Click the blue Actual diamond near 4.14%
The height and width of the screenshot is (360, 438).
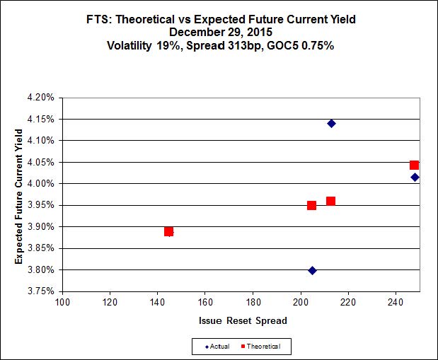coord(331,124)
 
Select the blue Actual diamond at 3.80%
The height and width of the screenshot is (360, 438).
coord(312,270)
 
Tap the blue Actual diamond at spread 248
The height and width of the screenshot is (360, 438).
coord(415,177)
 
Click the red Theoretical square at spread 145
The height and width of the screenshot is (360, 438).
coord(169,231)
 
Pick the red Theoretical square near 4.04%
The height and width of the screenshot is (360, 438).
coord(415,165)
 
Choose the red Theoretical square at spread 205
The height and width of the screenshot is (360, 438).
coord(311,205)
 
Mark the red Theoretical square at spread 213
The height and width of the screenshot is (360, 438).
coord(330,201)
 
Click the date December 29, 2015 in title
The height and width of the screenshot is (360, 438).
coord(219,32)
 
